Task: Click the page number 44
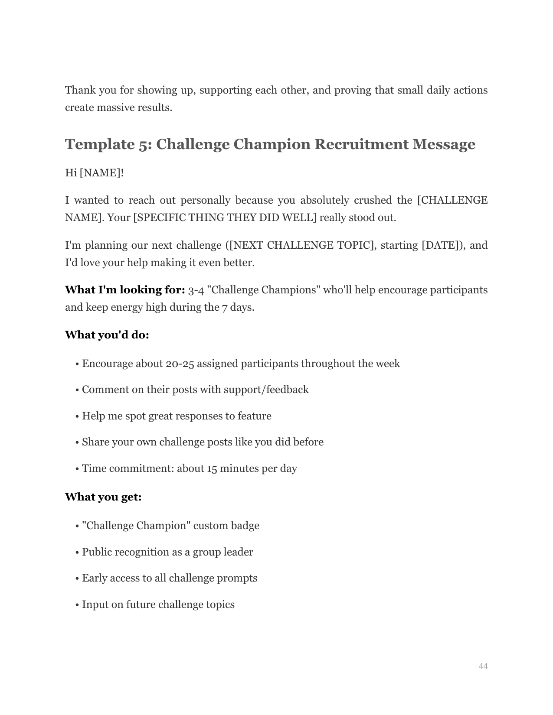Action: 483,666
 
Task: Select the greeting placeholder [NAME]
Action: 101,173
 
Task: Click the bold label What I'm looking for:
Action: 125,290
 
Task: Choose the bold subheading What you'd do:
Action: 107,335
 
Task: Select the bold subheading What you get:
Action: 103,497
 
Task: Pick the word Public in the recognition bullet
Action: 97,552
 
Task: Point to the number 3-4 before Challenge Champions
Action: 196,290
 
